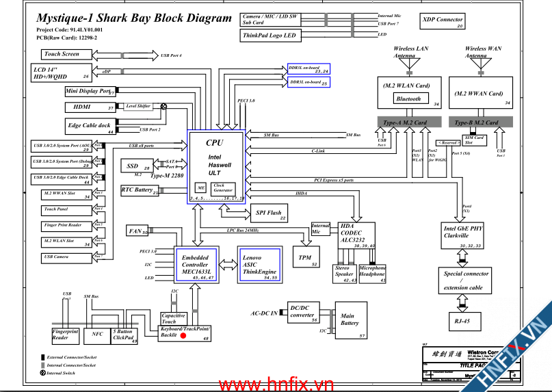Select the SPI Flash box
(x=268, y=213)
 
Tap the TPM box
(x=305, y=259)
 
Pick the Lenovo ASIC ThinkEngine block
(x=259, y=265)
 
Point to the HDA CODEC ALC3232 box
(x=356, y=234)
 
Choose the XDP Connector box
(x=443, y=22)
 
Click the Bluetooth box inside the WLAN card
(x=409, y=99)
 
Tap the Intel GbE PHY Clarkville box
(x=464, y=236)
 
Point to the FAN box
(x=137, y=231)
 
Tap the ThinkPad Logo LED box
(x=270, y=35)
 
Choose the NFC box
(x=97, y=335)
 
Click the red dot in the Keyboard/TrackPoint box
(x=183, y=335)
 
